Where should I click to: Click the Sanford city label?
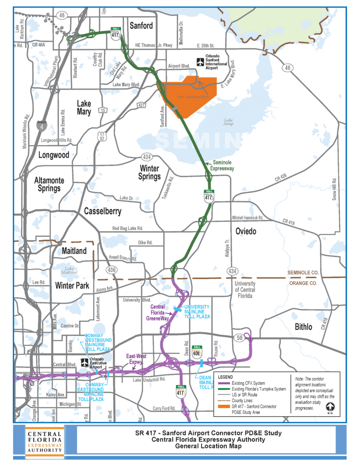pos(141,26)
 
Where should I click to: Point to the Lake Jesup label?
pos(228,122)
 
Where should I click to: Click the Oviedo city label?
pos(246,232)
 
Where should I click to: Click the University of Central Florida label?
pos(245,290)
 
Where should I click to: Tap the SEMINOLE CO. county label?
pos(301,272)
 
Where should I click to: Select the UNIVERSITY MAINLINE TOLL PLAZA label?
pos(197,312)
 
